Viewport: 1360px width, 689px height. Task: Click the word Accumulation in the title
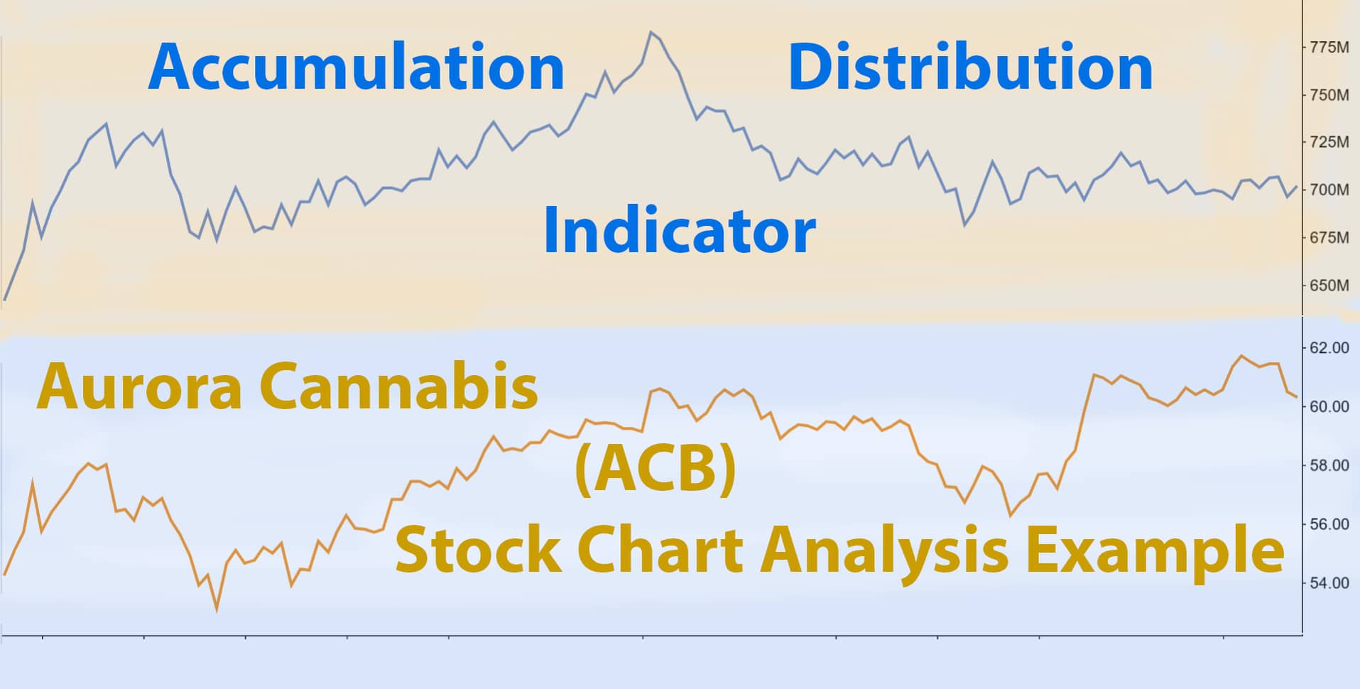pyautogui.click(x=356, y=67)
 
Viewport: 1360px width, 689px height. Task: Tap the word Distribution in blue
pyautogui.click(x=970, y=67)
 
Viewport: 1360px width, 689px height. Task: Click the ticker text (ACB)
pyautogui.click(x=655, y=470)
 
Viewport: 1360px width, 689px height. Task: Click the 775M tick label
pyautogui.click(x=1329, y=48)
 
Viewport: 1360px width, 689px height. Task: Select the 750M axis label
pyautogui.click(x=1329, y=95)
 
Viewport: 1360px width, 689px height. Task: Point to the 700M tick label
pyautogui.click(x=1329, y=190)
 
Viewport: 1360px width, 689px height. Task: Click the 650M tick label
pyautogui.click(x=1329, y=286)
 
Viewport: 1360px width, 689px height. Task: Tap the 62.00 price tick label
pyautogui.click(x=1329, y=348)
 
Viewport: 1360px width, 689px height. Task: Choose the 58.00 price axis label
pyautogui.click(x=1329, y=466)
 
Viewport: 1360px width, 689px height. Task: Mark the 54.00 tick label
pyautogui.click(x=1329, y=583)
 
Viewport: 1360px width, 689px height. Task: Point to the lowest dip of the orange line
pyautogui.click(x=217, y=609)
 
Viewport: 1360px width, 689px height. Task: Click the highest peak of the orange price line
pyautogui.click(x=1241, y=356)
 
